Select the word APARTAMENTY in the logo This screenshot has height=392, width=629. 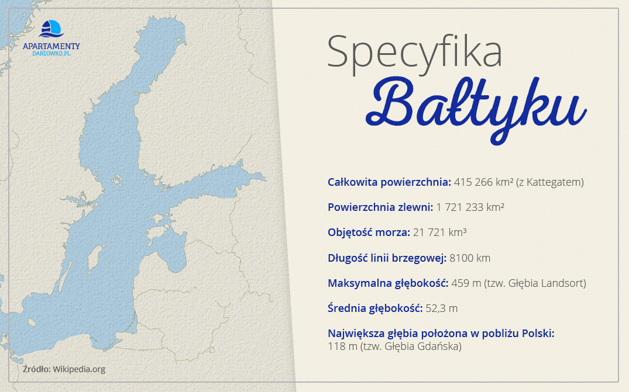[x=51, y=46]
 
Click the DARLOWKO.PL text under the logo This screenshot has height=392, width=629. [x=51, y=53]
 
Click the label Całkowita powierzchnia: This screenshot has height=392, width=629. [x=389, y=182]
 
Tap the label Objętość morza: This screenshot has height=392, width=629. [x=369, y=233]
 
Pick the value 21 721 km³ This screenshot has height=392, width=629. [x=439, y=233]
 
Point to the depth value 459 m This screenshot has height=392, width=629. [x=466, y=283]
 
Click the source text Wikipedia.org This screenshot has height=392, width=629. [x=79, y=369]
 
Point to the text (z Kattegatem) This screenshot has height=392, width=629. [x=549, y=182]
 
